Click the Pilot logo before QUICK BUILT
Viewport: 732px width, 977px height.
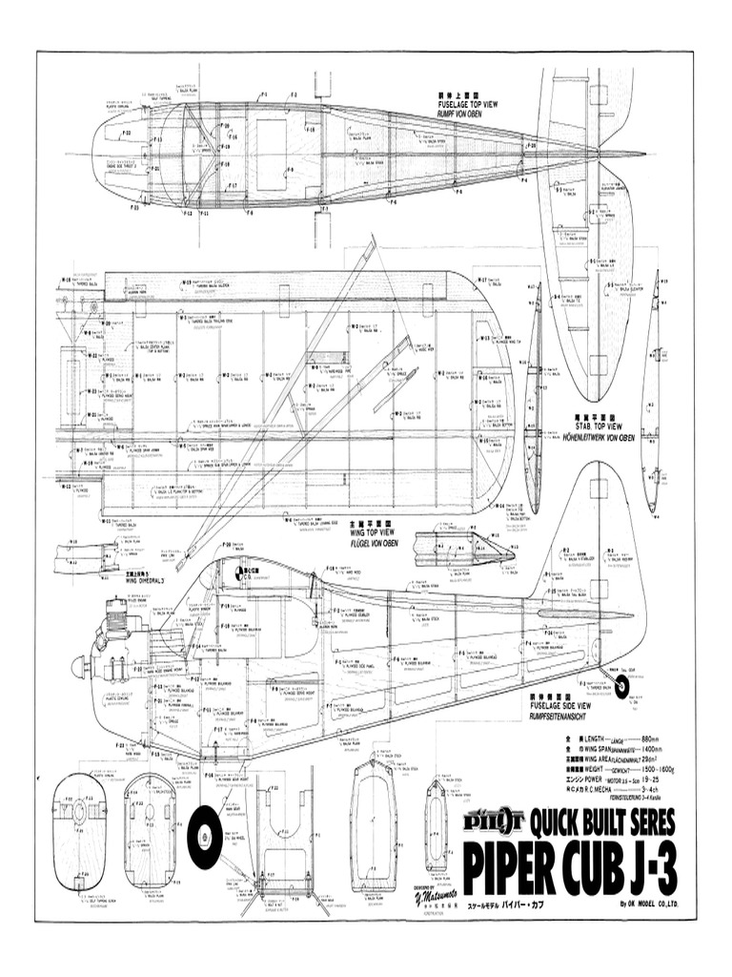pyautogui.click(x=494, y=820)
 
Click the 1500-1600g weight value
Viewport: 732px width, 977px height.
pyautogui.click(x=657, y=769)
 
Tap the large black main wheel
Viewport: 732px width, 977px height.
pyautogui.click(x=205, y=838)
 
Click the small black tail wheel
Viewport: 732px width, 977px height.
pyautogui.click(x=621, y=687)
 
